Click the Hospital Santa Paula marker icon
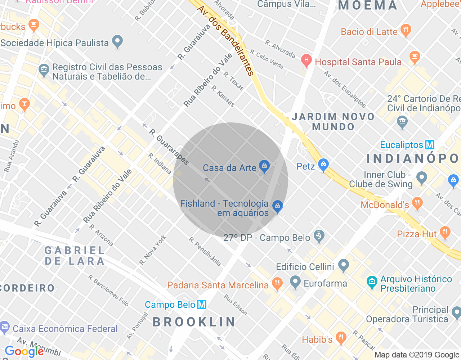click(306, 60)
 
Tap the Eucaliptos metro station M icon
click(430, 145)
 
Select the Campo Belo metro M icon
click(202, 305)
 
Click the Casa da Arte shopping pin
click(264, 166)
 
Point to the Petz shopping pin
click(323, 165)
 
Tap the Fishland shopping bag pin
click(277, 206)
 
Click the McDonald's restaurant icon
click(417, 203)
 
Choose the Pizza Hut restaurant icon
click(445, 233)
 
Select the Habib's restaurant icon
click(340, 338)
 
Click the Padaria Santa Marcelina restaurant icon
click(277, 284)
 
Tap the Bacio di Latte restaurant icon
click(406, 30)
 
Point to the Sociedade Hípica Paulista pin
click(117, 41)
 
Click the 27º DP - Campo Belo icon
click(319, 236)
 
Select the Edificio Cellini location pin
click(344, 265)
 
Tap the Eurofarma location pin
click(295, 282)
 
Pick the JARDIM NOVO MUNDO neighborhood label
click(333, 122)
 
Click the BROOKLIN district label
click(194, 322)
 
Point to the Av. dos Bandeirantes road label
click(226, 41)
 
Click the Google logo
click(24, 351)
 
